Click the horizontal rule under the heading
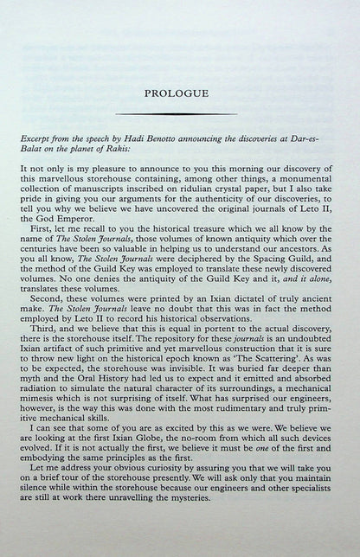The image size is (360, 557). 179,112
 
